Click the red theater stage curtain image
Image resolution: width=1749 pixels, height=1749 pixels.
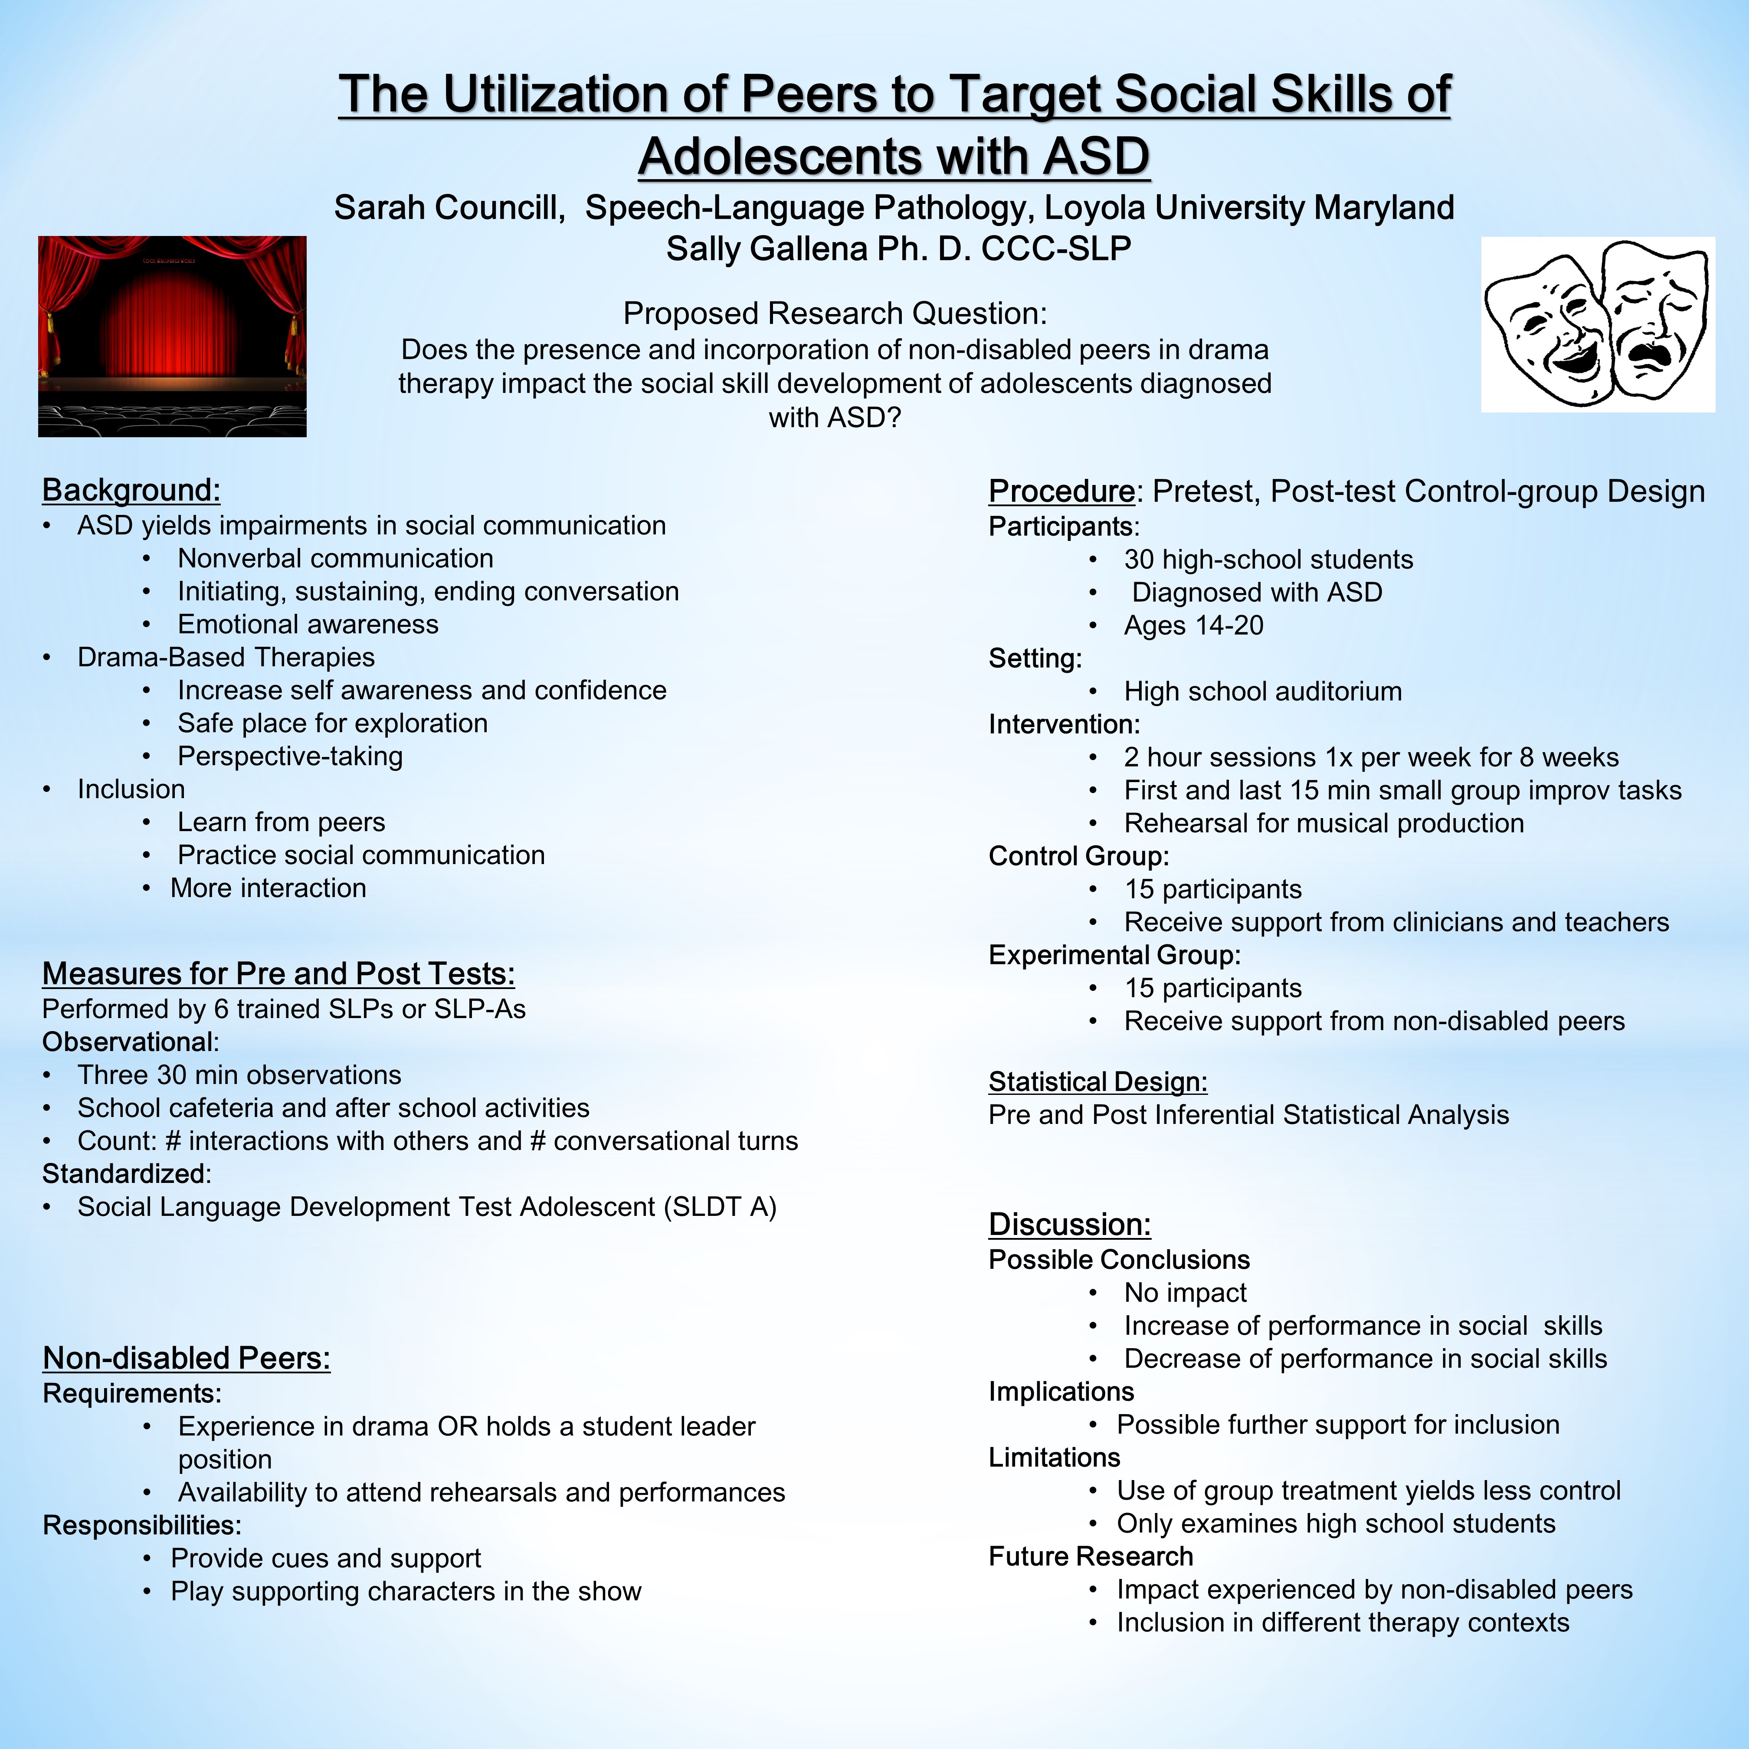pyautogui.click(x=172, y=337)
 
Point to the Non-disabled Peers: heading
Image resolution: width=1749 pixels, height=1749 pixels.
pyautogui.click(x=187, y=1358)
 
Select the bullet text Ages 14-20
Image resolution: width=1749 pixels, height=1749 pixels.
pyautogui.click(x=1193, y=626)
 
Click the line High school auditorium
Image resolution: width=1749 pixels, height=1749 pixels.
pyautogui.click(x=1263, y=691)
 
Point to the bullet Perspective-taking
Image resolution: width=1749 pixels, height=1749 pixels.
pyautogui.click(x=290, y=756)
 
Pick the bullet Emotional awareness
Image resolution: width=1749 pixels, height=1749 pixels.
pyautogui.click(x=308, y=625)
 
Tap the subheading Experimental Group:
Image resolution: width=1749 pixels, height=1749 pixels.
pyautogui.click(x=1114, y=955)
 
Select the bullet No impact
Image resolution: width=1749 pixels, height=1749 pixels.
pyautogui.click(x=1185, y=1293)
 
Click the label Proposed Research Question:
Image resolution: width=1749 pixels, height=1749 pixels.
pyautogui.click(x=835, y=313)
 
